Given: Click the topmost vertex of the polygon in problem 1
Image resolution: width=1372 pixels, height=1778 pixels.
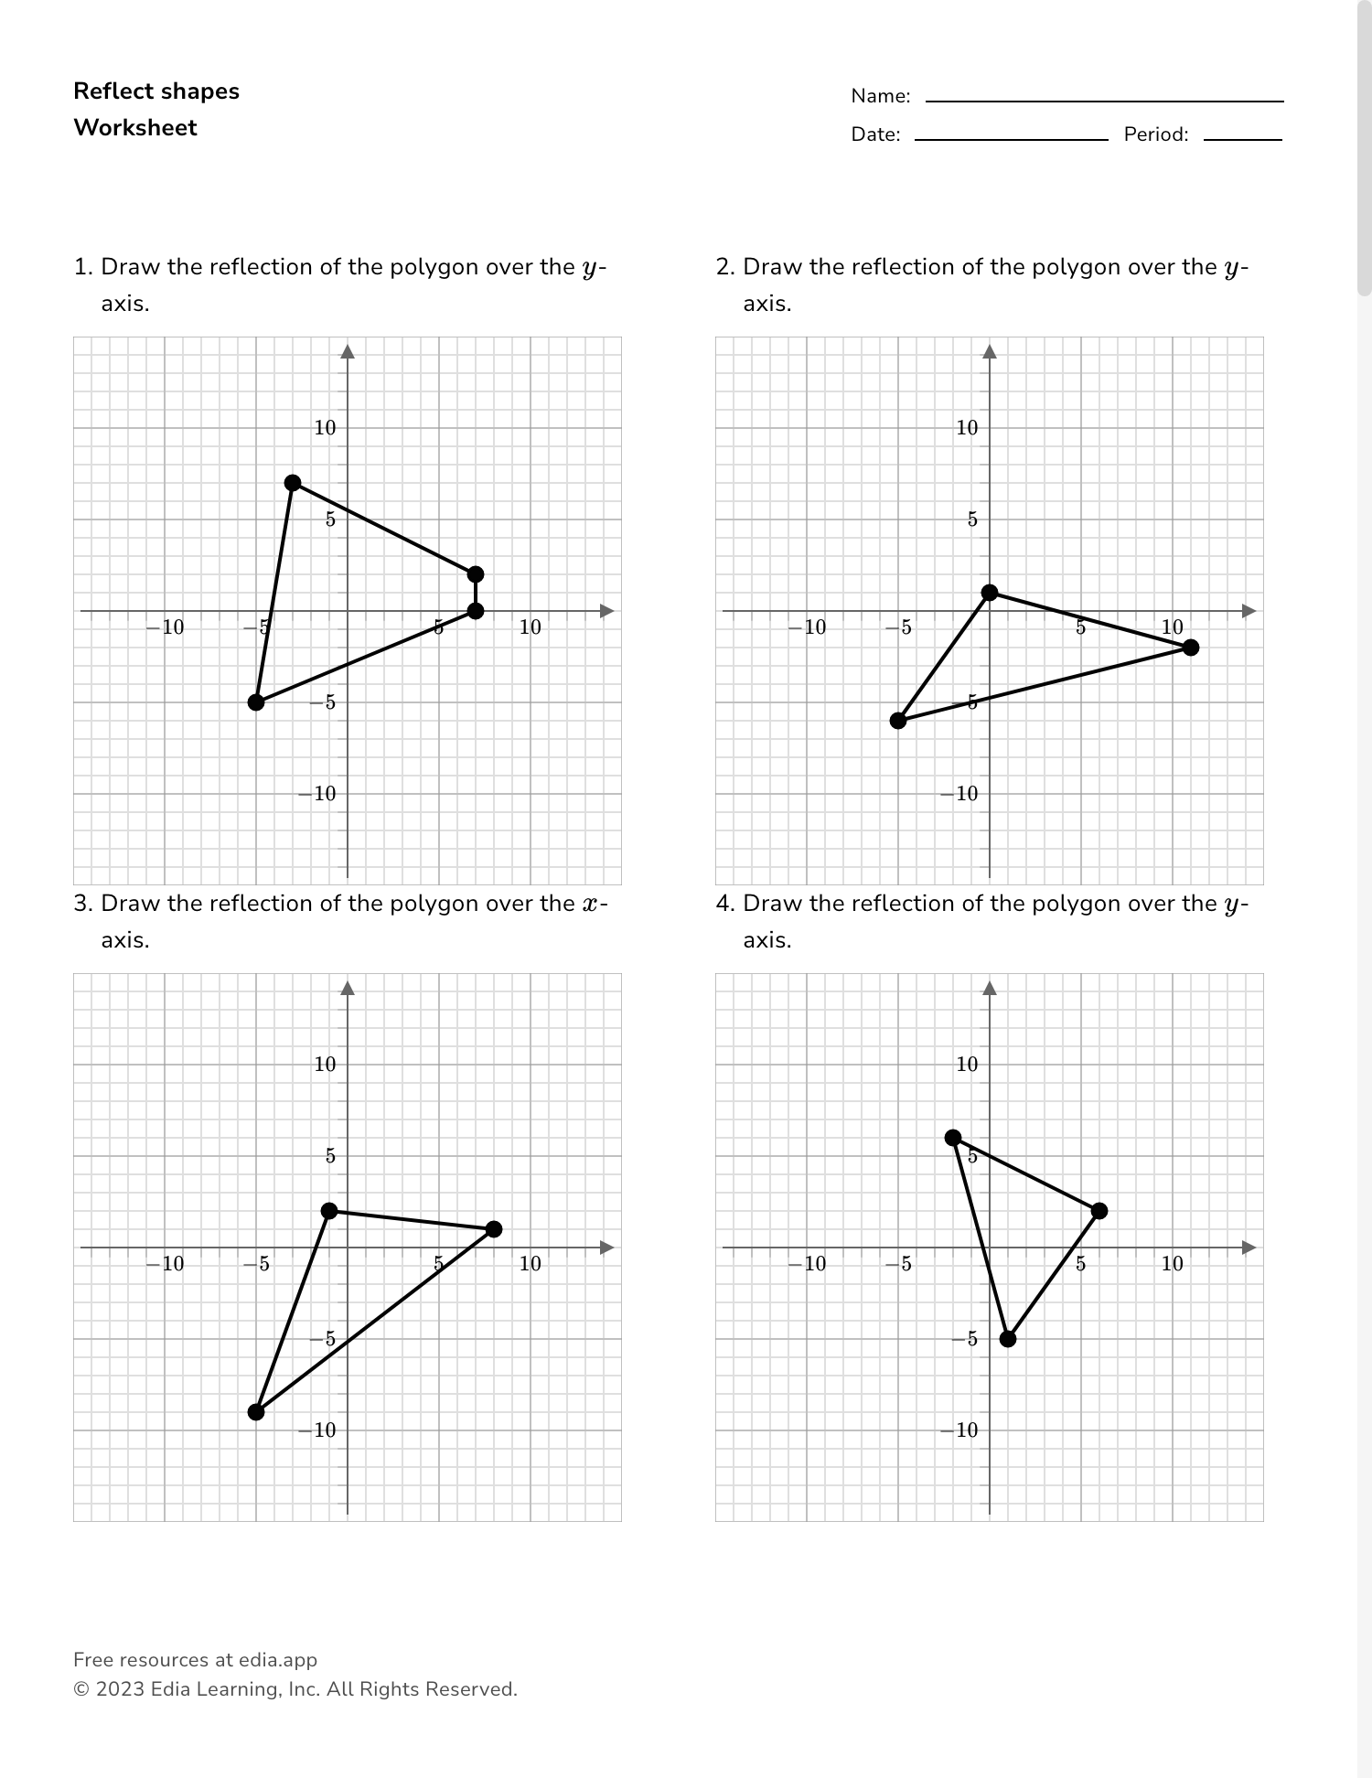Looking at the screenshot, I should coord(293,483).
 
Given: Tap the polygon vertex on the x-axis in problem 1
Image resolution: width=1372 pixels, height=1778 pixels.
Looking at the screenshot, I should coord(476,611).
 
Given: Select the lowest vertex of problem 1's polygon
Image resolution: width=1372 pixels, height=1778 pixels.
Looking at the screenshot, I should coord(256,702).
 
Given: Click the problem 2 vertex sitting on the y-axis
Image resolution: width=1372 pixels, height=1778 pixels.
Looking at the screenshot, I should coord(990,593).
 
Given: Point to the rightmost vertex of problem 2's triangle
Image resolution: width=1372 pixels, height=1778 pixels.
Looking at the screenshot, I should coord(1191,648).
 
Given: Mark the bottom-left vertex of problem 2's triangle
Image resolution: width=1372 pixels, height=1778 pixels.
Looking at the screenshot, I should coord(898,721).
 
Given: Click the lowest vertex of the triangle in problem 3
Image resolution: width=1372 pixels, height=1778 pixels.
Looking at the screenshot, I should coord(256,1412).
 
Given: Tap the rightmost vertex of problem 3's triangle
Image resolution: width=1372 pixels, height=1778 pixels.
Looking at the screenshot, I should coord(494,1229).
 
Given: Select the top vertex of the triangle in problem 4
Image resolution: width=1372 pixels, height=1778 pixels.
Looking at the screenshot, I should coord(953,1138).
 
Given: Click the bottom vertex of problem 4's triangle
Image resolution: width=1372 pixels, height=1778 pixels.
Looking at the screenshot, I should coord(1008,1339).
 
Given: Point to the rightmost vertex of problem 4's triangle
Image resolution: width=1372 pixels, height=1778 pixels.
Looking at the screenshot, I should coord(1099,1211).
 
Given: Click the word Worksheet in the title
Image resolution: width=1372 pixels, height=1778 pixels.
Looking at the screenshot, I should coord(135,128).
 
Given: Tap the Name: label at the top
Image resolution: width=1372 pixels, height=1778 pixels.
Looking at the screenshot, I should coord(880,96).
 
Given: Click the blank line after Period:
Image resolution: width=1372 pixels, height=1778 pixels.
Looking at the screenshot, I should coord(1242,138).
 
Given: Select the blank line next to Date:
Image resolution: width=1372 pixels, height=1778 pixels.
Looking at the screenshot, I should coord(1011,138).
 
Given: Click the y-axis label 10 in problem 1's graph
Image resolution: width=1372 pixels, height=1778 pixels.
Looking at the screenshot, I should coord(326,428).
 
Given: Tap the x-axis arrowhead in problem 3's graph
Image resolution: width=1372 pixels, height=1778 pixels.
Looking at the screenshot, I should coord(606,1248).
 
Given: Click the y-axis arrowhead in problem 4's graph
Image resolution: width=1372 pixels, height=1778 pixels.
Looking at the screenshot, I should coord(990,988).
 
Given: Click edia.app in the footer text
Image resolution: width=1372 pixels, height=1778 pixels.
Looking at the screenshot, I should coord(278,1660).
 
